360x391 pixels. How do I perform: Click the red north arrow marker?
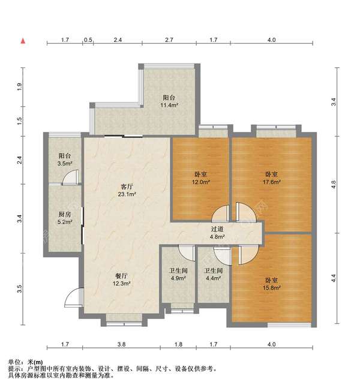coord(23,41)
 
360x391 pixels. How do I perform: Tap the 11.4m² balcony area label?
coord(169,101)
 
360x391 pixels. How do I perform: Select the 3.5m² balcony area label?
coord(65,160)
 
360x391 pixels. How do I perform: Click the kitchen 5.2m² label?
coord(65,218)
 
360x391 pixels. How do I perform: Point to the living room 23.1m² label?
coord(127,190)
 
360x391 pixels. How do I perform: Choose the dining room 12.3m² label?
coord(121,280)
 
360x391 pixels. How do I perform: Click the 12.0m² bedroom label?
coord(200,178)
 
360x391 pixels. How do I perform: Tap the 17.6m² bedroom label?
coord(271,178)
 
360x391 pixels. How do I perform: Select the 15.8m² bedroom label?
coord(271,284)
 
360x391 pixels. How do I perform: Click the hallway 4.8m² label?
coord(217,233)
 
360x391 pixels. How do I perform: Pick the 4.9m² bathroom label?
coord(178,274)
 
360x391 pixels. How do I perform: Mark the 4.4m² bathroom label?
coord(214,274)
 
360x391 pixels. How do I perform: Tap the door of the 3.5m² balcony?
coord(71,177)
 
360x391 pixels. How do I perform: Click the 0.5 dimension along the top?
coord(88,40)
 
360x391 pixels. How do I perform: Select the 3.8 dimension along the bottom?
coord(121,344)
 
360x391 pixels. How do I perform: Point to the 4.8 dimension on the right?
coord(334,185)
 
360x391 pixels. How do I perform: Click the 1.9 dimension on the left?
coord(19,87)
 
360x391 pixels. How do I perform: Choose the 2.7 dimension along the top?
coord(169,40)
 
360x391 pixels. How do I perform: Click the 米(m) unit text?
coord(35,362)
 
